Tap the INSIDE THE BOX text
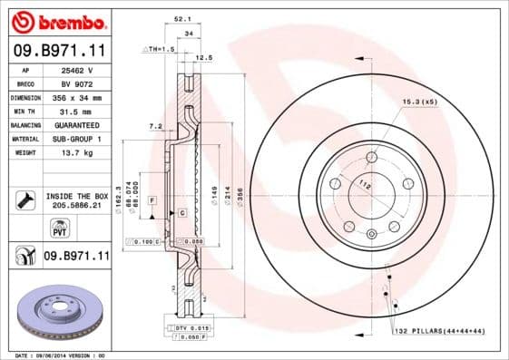[77, 196]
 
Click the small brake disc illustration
[55, 312]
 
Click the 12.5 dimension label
[204, 57]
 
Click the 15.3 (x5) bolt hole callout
[419, 101]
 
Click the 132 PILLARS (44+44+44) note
[441, 333]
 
